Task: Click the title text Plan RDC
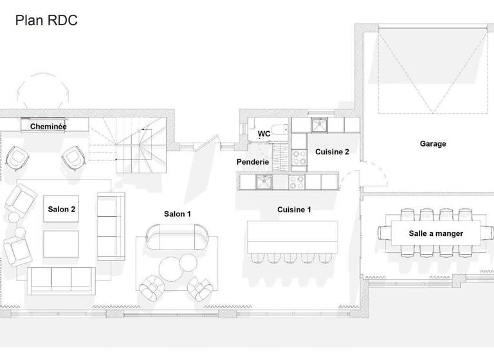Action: click(46, 21)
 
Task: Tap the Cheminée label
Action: click(49, 127)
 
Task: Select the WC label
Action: click(264, 134)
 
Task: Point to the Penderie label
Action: click(253, 162)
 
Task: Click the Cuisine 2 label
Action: click(332, 152)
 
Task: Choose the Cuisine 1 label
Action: click(294, 210)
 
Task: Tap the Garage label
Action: click(433, 144)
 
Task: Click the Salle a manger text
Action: click(435, 233)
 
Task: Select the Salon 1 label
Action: click(178, 213)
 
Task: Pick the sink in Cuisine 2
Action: click(320, 123)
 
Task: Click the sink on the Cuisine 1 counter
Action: click(263, 183)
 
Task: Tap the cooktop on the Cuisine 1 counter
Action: click(297, 183)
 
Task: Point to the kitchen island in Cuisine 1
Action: click(293, 238)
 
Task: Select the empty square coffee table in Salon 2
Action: click(61, 245)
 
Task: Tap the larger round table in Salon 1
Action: click(172, 267)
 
